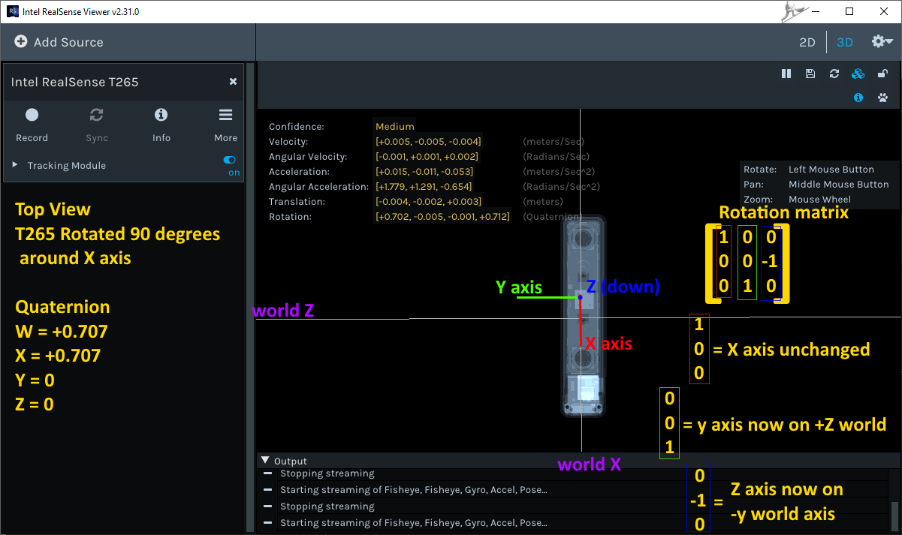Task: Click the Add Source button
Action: click(x=59, y=42)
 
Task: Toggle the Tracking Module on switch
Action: click(x=230, y=160)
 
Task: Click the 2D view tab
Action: click(x=807, y=42)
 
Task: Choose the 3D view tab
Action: click(x=845, y=42)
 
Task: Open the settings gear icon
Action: click(x=881, y=42)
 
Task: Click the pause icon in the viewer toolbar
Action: click(x=786, y=74)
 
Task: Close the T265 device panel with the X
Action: click(x=233, y=82)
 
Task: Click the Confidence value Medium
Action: click(x=395, y=127)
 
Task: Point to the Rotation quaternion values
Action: click(x=442, y=217)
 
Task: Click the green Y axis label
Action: click(x=519, y=287)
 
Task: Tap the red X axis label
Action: click(x=609, y=344)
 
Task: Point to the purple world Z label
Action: click(x=283, y=311)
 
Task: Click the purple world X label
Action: click(x=589, y=464)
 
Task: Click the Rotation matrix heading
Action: click(x=783, y=212)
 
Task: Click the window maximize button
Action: click(x=849, y=11)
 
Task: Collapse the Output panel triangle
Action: click(x=264, y=461)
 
